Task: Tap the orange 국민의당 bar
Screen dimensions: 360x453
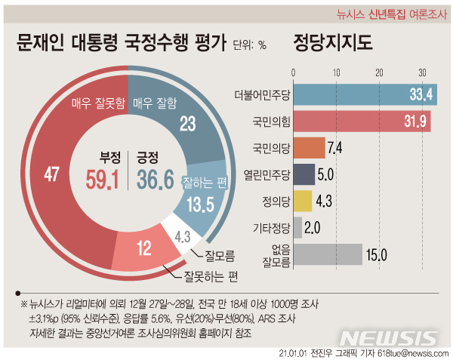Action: [308, 147]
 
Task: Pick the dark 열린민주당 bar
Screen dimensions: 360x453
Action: [303, 174]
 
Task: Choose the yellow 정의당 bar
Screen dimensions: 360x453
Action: [301, 200]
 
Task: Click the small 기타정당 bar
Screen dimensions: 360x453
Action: [297, 227]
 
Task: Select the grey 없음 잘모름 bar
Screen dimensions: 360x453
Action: [327, 255]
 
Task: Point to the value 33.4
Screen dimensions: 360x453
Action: [420, 95]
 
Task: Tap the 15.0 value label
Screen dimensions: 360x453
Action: [376, 255]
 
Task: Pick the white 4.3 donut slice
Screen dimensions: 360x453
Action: [181, 235]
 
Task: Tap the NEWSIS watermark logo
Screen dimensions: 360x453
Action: [384, 337]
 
